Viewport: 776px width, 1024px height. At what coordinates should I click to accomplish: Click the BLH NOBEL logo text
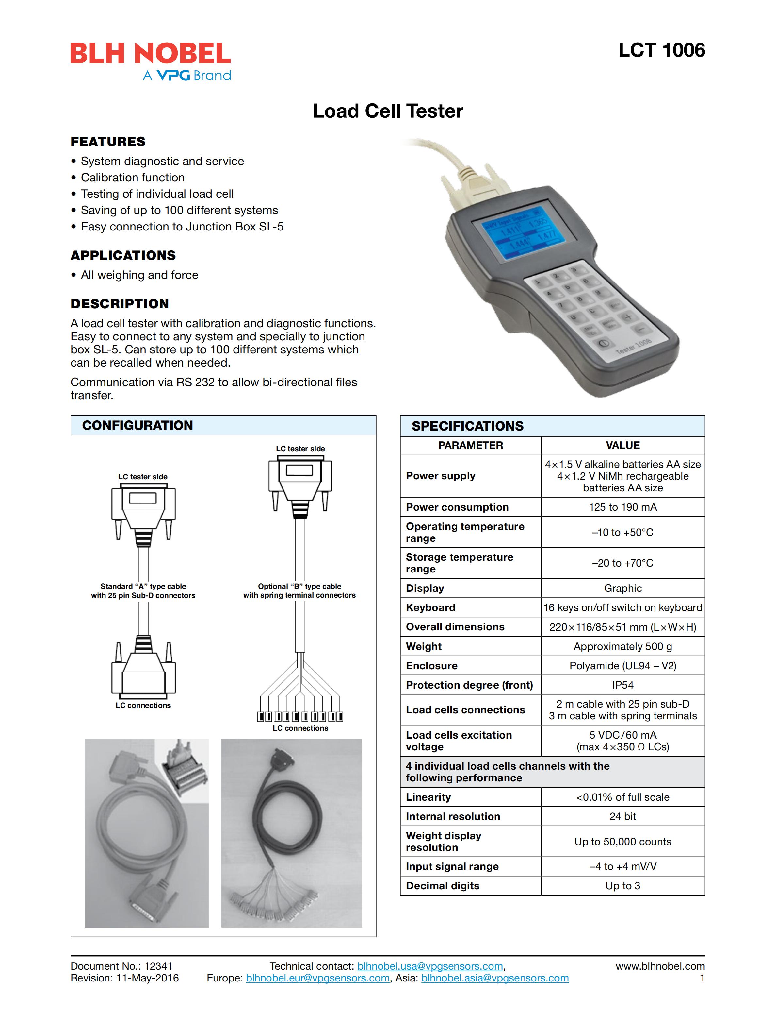pyautogui.click(x=150, y=54)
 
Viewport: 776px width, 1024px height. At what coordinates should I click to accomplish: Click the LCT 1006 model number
pyautogui.click(x=661, y=50)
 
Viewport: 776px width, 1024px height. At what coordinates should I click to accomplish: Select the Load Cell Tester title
pyautogui.click(x=388, y=111)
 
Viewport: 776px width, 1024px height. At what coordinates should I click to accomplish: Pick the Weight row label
pyautogui.click(x=424, y=646)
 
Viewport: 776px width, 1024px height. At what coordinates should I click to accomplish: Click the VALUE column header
pyautogui.click(x=622, y=445)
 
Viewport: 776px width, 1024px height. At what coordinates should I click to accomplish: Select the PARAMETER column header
pyautogui.click(x=470, y=445)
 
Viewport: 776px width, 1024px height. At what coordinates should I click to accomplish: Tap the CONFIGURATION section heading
pyautogui.click(x=137, y=425)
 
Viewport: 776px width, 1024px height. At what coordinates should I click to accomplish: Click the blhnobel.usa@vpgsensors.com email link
pyautogui.click(x=430, y=966)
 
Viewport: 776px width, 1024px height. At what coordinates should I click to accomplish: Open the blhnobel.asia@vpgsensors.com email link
pyautogui.click(x=495, y=978)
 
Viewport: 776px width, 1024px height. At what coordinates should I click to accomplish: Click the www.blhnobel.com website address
pyautogui.click(x=660, y=966)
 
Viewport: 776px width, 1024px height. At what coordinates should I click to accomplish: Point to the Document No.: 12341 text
pyautogui.click(x=121, y=966)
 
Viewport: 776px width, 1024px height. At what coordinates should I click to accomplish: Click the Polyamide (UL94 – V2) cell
pyautogui.click(x=622, y=666)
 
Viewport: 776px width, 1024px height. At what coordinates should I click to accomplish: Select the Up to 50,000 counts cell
pyautogui.click(x=622, y=842)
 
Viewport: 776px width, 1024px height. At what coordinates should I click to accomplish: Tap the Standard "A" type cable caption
pyautogui.click(x=143, y=591)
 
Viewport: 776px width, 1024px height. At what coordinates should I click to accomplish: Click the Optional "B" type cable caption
pyautogui.click(x=299, y=591)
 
